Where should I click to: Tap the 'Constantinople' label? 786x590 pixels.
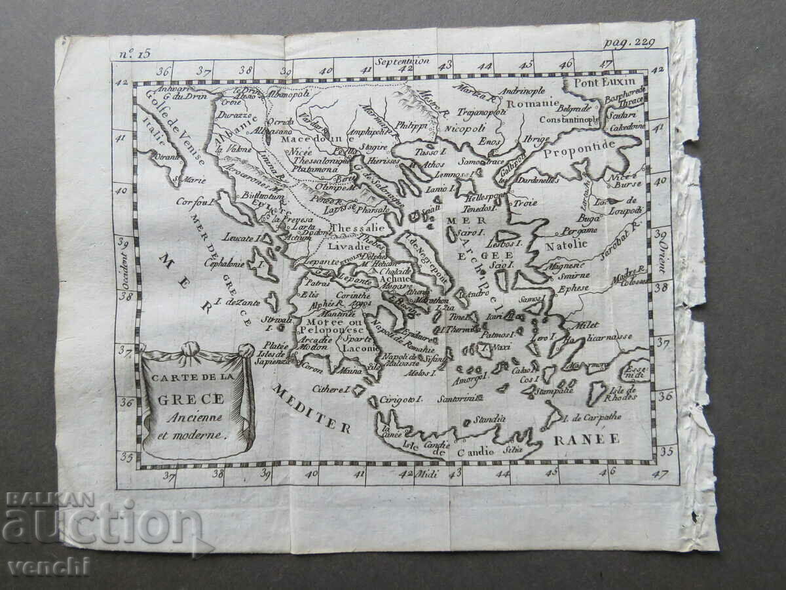pos(569,120)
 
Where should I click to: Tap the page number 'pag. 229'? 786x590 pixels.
pos(629,43)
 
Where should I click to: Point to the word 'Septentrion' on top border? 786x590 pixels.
pos(402,61)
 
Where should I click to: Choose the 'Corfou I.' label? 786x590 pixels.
pos(196,202)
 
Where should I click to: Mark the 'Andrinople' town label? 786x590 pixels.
pos(521,91)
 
